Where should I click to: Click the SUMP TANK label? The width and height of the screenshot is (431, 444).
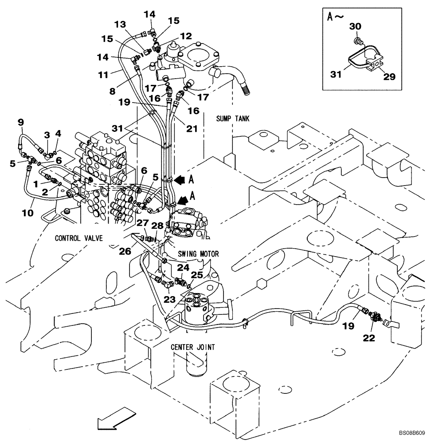[x=233, y=119]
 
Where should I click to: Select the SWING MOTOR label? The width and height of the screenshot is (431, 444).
[x=198, y=254]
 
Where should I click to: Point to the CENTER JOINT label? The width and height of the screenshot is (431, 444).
[x=192, y=347]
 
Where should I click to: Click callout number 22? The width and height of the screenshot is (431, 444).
[x=369, y=338]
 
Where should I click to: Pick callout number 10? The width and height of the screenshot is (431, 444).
[x=27, y=213]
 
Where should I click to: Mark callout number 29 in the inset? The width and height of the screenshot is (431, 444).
[x=389, y=76]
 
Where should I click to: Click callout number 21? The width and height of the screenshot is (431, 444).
[x=191, y=129]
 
